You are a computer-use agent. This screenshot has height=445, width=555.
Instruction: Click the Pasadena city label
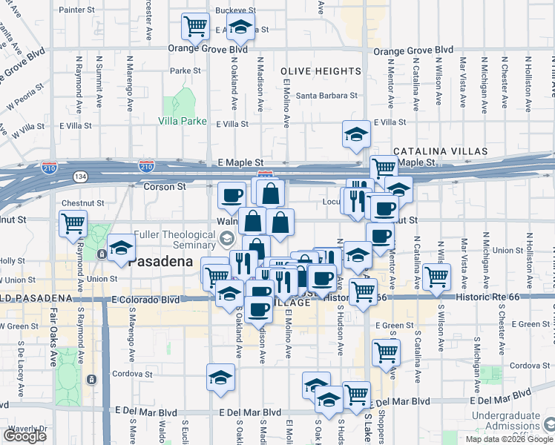coord(161,262)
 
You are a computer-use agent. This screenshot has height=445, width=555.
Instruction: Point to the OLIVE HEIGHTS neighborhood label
coord(321,71)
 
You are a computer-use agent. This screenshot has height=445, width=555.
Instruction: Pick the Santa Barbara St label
coord(327,96)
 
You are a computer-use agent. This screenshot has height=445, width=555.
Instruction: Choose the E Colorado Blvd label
coord(147,300)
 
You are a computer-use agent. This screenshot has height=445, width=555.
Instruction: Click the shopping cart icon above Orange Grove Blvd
coord(195,27)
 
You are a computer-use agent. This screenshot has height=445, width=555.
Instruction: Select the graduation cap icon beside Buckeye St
coord(240,30)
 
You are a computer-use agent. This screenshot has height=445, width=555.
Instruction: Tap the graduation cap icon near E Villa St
coord(356,133)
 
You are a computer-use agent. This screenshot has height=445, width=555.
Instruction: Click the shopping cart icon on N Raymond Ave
coord(73,222)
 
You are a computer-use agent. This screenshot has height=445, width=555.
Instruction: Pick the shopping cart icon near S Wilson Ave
coord(437,277)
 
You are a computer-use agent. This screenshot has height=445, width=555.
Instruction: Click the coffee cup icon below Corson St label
coord(232,195)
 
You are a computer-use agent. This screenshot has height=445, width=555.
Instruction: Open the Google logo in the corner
coord(24,436)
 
